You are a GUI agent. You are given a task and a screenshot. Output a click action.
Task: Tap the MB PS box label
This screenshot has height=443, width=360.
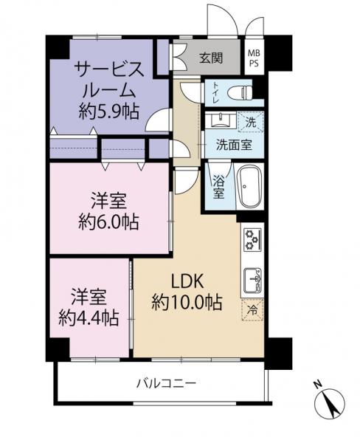(x=253, y=58)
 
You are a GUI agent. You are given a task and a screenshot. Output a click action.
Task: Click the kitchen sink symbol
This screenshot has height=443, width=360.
(x=253, y=280)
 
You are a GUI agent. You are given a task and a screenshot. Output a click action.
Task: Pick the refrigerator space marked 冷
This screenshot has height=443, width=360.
(x=252, y=310)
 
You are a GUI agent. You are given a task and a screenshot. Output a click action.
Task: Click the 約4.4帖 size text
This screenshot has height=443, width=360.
(x=89, y=318)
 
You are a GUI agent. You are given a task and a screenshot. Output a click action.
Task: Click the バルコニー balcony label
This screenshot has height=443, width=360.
(x=165, y=383)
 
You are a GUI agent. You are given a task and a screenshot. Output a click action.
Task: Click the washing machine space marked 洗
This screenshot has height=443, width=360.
(x=250, y=121)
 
